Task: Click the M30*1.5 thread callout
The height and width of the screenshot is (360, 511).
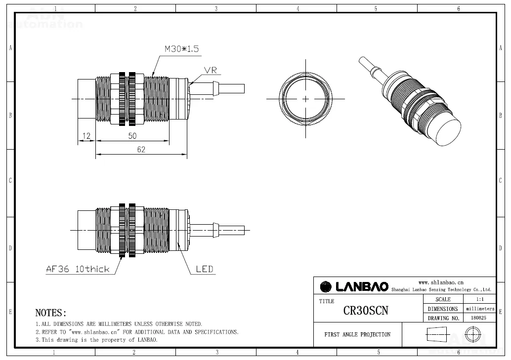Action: tap(181, 49)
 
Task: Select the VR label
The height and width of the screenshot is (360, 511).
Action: tap(211, 71)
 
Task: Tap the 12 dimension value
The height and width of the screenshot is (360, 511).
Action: tap(86, 136)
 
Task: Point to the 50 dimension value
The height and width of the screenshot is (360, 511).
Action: tap(132, 136)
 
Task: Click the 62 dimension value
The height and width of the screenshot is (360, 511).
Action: tap(141, 150)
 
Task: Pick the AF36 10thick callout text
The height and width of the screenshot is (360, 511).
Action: tap(78, 269)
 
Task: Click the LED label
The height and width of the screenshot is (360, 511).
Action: tap(205, 269)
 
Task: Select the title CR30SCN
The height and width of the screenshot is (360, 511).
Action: tap(366, 311)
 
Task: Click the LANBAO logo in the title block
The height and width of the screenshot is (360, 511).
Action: tap(354, 286)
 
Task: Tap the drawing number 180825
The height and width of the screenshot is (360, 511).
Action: tap(478, 318)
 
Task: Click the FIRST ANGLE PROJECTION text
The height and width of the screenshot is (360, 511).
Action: tap(357, 335)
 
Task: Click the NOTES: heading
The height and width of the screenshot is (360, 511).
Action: tap(50, 313)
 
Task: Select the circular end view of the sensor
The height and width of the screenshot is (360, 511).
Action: tap(305, 99)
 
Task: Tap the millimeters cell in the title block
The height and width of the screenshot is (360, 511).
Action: tap(480, 309)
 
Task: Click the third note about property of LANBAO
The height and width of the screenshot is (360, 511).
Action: tap(96, 340)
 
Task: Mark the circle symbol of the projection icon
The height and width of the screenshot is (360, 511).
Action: tap(473, 334)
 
